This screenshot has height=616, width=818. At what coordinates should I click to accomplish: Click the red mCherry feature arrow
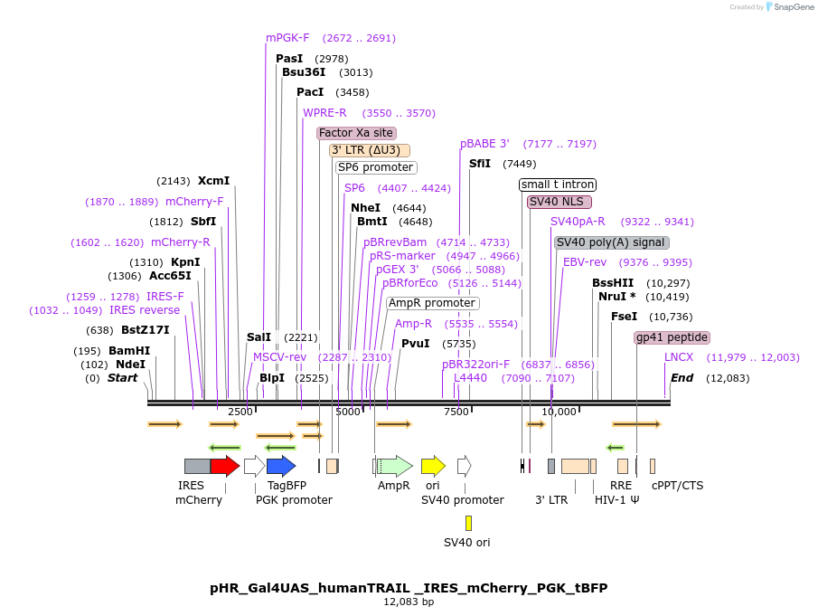click(224, 466)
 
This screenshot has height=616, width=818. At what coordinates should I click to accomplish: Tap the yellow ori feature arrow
click(433, 466)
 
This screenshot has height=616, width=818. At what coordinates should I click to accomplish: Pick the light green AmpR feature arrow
click(395, 466)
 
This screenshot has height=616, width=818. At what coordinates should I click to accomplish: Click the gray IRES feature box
click(197, 466)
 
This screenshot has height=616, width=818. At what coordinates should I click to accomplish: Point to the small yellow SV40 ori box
click(468, 523)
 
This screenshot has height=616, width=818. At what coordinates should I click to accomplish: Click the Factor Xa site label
click(356, 133)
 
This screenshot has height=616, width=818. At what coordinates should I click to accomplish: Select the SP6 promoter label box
click(375, 167)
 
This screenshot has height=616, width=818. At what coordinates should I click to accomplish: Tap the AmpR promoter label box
click(432, 303)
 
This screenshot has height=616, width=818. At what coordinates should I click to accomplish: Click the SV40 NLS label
click(559, 202)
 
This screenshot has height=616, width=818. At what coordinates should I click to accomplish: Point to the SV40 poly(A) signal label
click(611, 242)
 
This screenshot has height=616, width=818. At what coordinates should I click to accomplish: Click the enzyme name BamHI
click(129, 351)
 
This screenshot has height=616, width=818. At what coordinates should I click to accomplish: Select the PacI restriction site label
click(310, 92)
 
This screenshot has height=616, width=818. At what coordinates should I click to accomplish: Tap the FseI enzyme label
click(624, 317)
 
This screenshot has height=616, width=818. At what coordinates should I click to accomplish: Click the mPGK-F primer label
click(287, 38)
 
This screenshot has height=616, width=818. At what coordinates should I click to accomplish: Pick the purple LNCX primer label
click(679, 357)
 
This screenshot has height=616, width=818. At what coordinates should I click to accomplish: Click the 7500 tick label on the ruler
click(456, 412)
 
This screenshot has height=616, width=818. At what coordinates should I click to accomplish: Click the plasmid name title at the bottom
click(409, 588)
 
